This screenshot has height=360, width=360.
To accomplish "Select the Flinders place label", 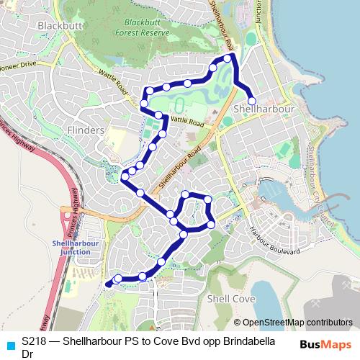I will (x=85, y=130).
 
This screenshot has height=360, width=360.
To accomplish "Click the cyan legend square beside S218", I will (x=9, y=345).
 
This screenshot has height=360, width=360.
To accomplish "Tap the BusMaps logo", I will (x=325, y=344).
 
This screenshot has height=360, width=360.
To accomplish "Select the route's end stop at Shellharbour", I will (x=252, y=102).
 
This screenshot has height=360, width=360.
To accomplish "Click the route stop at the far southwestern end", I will (x=109, y=284).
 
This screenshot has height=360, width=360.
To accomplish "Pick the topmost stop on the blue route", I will (x=228, y=58).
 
